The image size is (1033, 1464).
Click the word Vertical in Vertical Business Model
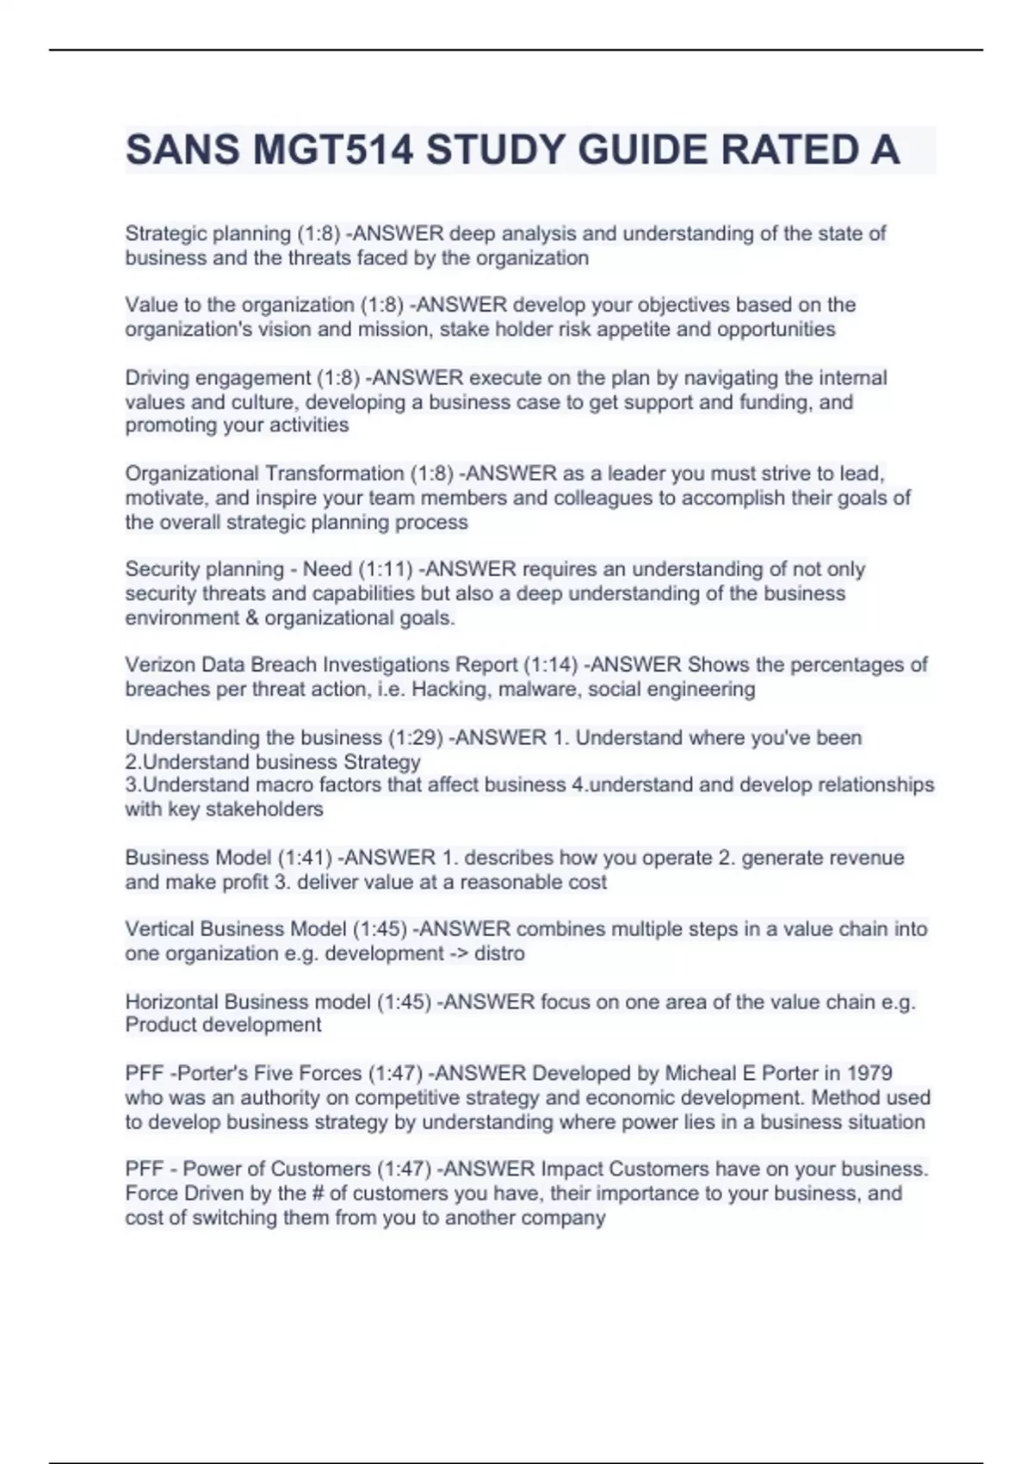(159, 929)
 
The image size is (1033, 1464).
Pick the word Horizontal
(171, 1002)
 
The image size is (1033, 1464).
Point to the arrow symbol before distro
(460, 953)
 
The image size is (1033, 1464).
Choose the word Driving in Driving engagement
(157, 378)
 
